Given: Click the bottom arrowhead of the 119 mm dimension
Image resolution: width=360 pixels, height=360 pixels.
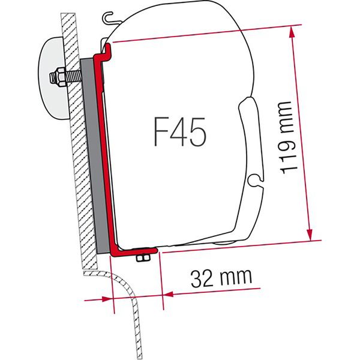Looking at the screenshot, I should click(x=311, y=236).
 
